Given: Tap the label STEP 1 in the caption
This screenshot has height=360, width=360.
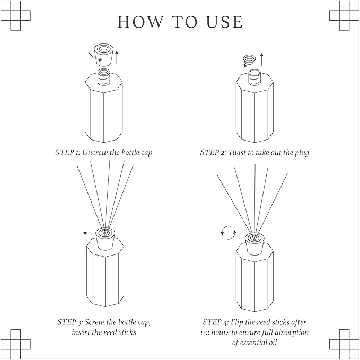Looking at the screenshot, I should (x=67, y=152).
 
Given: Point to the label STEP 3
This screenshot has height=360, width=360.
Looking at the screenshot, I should (x=69, y=322).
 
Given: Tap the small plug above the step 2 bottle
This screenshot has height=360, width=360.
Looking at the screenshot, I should (x=249, y=59).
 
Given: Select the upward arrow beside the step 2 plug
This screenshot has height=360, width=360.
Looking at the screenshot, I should (x=261, y=59).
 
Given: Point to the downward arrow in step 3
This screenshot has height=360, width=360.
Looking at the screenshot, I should (x=85, y=229).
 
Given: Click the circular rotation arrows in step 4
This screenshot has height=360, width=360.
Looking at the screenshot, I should (x=228, y=232).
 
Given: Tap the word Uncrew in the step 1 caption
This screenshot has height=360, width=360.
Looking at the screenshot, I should (x=95, y=152).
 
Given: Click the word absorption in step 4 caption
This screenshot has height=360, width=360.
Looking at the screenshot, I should (x=291, y=332).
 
